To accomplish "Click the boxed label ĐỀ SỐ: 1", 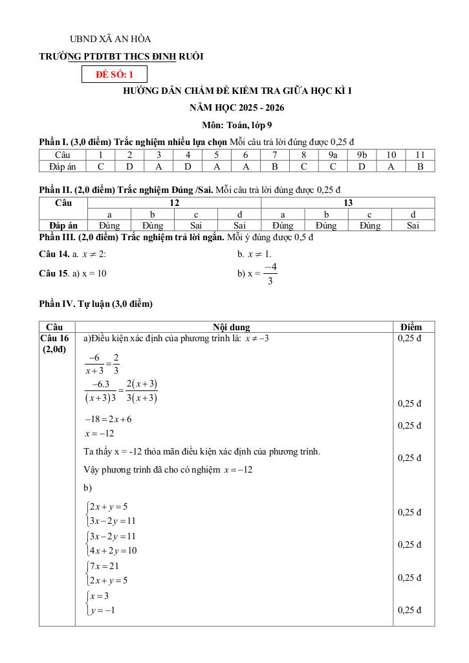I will [115, 74].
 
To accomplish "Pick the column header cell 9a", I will [333, 155].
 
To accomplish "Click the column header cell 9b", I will [362, 155].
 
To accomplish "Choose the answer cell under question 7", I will [274, 166].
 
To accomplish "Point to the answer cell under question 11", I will [420, 166].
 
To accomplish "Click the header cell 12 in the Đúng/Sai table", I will [174, 203].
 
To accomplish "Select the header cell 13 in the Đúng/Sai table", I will [348, 203].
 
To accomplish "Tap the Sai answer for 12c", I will [196, 225].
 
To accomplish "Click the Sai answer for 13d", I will [413, 225].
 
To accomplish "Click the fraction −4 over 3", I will [270, 273].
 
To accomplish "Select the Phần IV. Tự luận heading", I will [96, 303].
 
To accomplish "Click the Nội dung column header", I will [232, 327].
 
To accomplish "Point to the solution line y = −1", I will [102, 610].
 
